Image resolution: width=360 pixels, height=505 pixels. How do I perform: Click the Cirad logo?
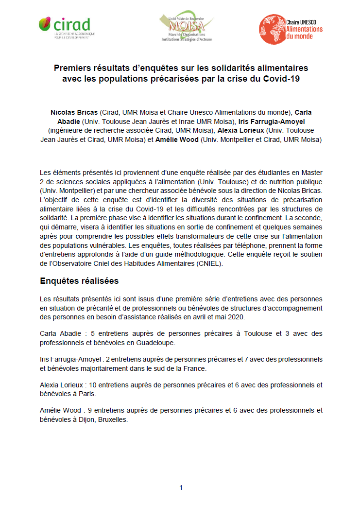(67, 28)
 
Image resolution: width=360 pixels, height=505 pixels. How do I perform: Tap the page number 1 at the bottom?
(181, 487)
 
